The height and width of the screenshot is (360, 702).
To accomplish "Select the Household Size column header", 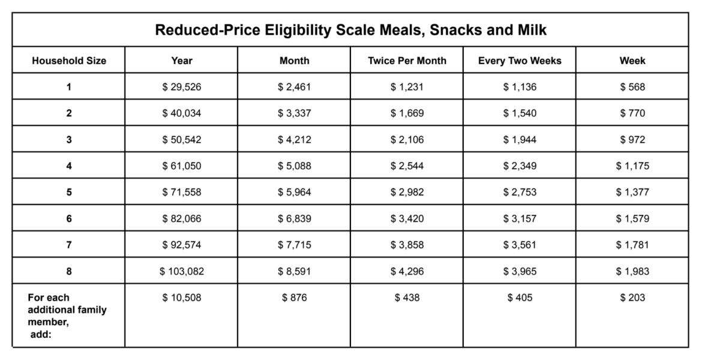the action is point(69,61).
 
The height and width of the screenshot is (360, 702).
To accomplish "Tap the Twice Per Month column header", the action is point(407,61).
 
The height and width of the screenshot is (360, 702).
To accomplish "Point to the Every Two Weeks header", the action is point(520,61).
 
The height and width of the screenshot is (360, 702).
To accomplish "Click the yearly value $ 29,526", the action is point(181,87).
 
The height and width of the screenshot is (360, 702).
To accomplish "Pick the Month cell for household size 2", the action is point(294,113).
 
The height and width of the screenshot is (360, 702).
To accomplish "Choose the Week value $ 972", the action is point(632,140).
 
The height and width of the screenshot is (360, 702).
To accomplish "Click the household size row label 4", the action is point(69,166).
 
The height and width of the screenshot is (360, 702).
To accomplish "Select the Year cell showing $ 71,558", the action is point(181,192).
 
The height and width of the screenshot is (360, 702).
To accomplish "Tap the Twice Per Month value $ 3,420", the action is point(407,218).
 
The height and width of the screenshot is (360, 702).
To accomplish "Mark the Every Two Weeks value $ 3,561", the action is point(520,245).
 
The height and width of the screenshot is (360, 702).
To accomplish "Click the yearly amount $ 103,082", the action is point(181,271).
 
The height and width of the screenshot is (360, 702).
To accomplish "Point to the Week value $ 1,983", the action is point(632,271).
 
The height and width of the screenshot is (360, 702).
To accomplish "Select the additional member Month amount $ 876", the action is point(294,298).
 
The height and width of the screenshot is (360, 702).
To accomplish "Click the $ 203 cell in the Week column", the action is point(632,298).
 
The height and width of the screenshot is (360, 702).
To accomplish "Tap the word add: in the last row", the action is point(41,334).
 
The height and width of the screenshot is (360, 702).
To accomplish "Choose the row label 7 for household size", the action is point(69,245).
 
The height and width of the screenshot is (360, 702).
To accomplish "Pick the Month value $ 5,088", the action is point(294,166).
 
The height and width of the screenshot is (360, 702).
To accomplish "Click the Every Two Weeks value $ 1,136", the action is point(520,87).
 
